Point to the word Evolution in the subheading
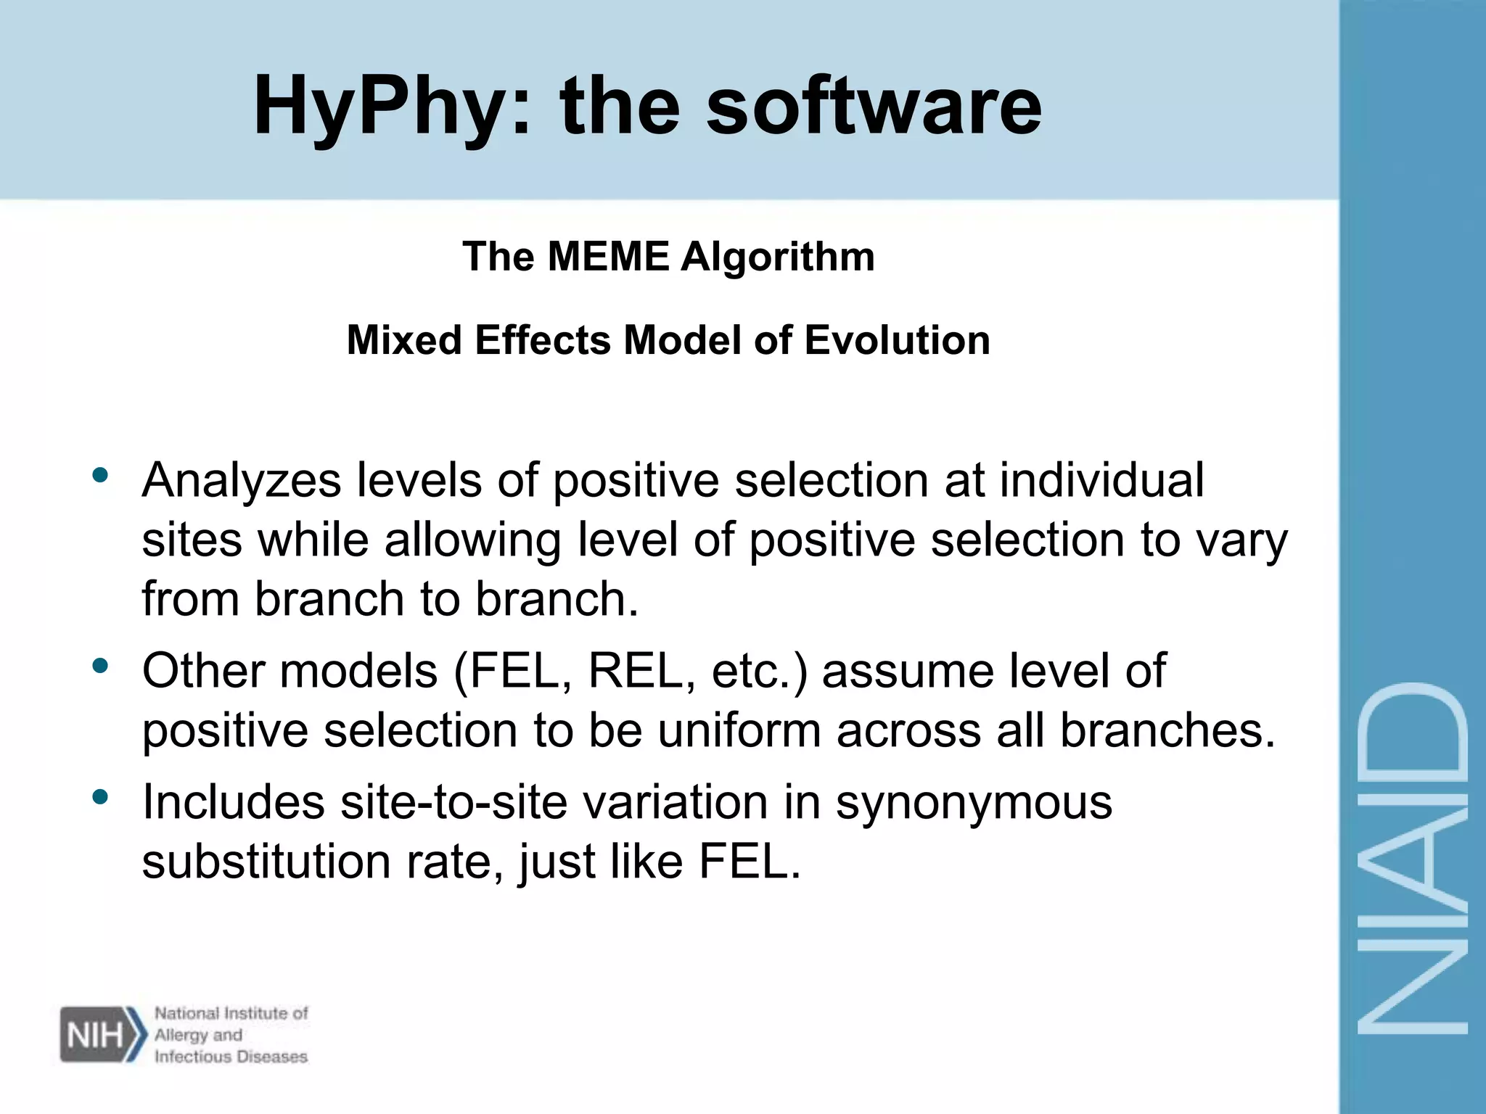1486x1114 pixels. pos(897,340)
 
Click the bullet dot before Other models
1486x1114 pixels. pos(100,665)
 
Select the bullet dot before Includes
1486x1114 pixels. pos(100,797)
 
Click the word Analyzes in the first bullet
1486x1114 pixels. pos(241,481)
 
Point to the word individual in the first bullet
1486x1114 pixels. pos(1101,481)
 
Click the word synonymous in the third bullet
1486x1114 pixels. pos(974,804)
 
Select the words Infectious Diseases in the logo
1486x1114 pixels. pos(231,1057)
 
